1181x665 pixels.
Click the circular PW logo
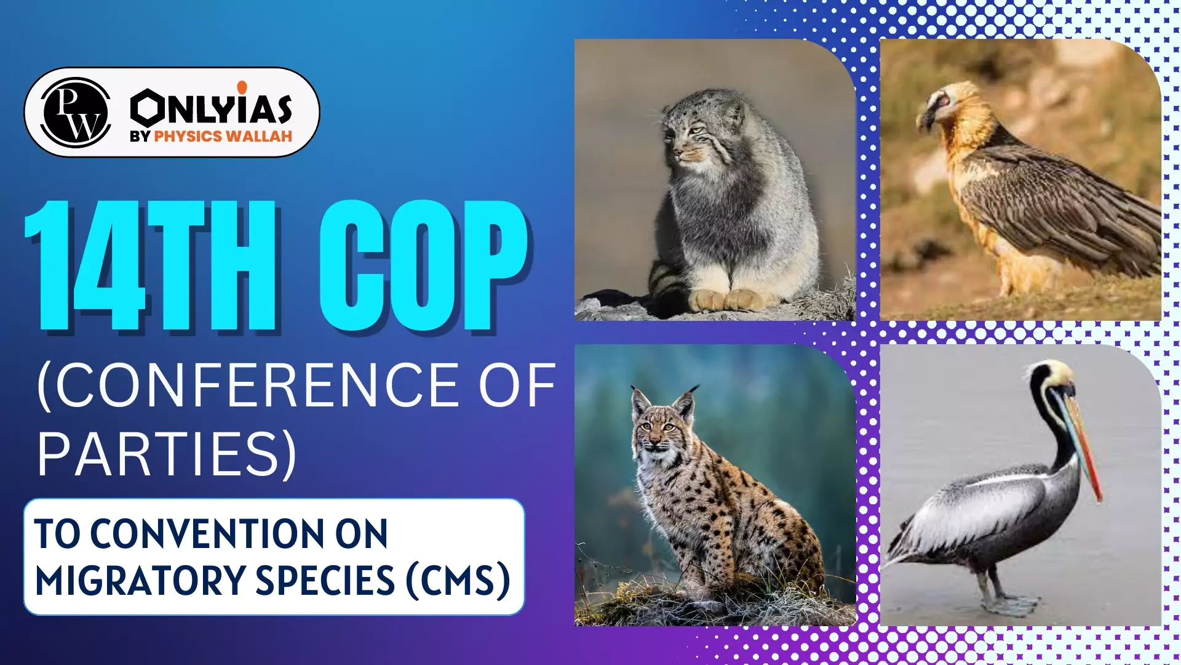click(76, 113)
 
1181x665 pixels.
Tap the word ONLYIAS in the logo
click(211, 108)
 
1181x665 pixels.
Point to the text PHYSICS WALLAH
click(223, 137)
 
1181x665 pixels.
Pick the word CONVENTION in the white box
click(239, 533)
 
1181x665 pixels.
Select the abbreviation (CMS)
click(458, 581)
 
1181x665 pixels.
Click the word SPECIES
click(325, 581)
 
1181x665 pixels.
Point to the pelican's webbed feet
click(1009, 603)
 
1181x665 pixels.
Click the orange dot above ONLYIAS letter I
click(242, 87)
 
